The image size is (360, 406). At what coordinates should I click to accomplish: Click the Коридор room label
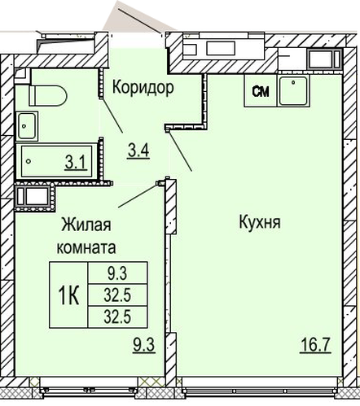tap(143, 87)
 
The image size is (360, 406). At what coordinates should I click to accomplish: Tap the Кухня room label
tap(260, 222)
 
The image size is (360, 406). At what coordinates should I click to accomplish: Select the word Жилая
tap(86, 225)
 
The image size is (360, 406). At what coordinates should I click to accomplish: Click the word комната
tap(86, 247)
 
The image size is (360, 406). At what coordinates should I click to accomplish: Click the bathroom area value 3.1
tap(76, 163)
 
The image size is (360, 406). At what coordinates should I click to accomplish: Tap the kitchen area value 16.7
tap(315, 345)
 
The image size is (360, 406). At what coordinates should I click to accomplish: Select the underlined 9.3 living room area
tap(144, 345)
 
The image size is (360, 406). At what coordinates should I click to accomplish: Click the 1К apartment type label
tap(68, 295)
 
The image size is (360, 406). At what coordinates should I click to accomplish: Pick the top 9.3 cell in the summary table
tap(117, 273)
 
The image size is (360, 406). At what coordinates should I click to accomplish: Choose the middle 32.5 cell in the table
tap(117, 295)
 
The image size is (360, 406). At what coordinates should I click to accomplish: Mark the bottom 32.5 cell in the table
tap(117, 317)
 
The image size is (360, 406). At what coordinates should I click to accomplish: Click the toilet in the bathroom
tap(48, 95)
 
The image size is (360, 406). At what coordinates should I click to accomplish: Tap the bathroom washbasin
tap(27, 126)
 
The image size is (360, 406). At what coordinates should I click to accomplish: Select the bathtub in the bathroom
tap(56, 161)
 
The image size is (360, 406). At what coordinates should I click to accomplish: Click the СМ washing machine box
tap(261, 90)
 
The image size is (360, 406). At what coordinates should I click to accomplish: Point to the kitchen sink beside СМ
tap(293, 90)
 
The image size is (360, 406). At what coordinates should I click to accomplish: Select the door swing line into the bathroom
tap(112, 116)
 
